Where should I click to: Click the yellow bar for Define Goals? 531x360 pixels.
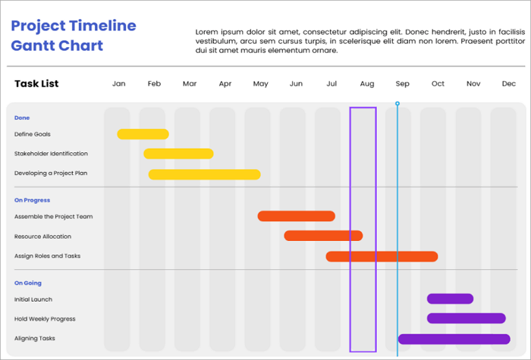143,134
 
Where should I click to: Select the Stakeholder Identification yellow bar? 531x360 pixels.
178,154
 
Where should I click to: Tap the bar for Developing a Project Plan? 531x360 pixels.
204,174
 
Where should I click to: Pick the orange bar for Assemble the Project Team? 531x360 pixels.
296,216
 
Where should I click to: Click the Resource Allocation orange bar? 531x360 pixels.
323,236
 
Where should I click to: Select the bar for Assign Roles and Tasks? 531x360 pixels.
382,256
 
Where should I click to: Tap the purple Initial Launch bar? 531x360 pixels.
450,299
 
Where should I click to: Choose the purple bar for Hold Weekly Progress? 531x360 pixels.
466,318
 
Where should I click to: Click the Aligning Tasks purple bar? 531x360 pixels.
454,339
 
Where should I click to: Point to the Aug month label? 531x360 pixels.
367,84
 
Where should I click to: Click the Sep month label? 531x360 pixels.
402,84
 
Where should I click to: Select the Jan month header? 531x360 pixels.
119,84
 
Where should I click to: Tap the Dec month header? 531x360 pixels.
508,84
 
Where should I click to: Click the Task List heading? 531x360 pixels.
36,83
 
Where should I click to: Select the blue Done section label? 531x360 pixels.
22,117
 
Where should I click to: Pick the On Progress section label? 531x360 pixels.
32,200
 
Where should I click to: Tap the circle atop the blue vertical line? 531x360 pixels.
397,103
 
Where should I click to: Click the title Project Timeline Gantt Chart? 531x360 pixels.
74,36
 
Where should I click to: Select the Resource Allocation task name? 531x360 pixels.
42,236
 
